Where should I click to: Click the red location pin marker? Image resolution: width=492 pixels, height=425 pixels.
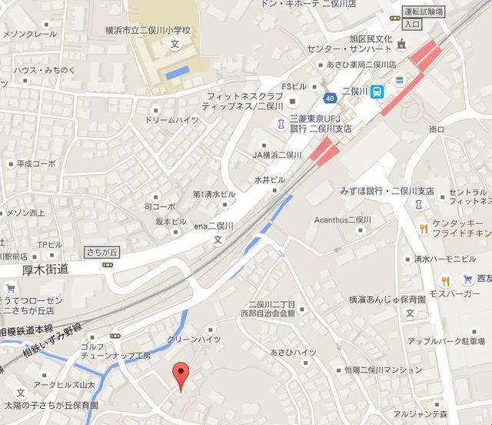(181, 373)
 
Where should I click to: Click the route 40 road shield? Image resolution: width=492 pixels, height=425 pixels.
(330, 97)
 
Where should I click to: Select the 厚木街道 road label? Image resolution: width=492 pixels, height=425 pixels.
(45, 269)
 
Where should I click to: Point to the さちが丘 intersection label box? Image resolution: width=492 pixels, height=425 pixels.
(99, 252)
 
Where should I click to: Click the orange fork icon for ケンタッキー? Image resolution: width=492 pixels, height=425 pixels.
(423, 228)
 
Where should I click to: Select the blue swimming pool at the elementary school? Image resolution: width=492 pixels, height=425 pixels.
(178, 72)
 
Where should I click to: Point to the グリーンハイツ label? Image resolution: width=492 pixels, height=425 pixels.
(194, 339)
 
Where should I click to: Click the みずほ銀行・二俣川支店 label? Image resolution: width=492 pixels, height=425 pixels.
(387, 191)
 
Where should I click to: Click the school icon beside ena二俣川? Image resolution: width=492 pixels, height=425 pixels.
(218, 239)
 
